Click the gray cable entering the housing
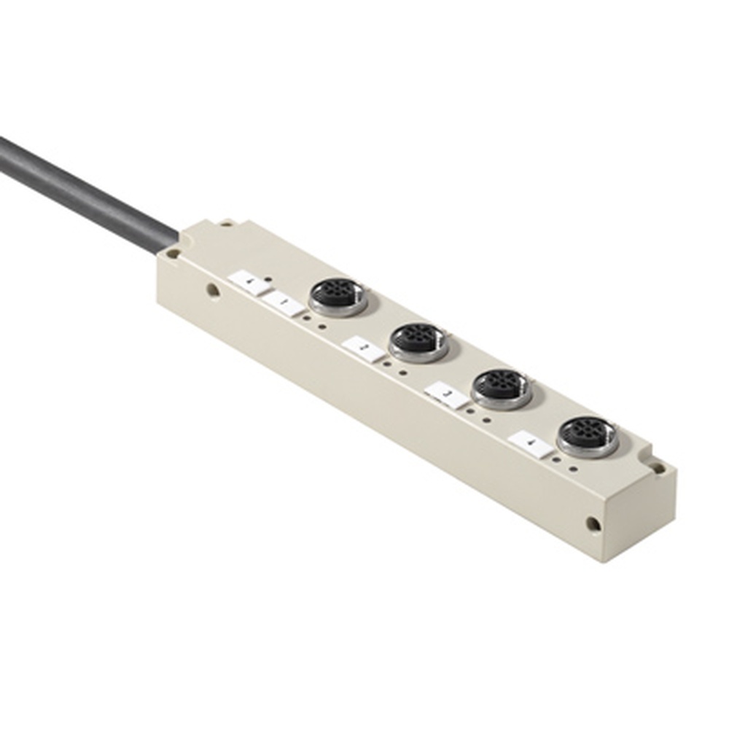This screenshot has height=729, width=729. [87, 193]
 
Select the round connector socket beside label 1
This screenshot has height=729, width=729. [338, 296]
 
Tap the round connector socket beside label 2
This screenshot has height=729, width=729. [418, 340]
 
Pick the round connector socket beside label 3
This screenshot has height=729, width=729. [501, 386]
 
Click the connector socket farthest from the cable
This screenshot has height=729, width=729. [588, 436]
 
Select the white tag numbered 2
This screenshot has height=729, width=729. [363, 349]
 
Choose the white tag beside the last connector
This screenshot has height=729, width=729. [531, 443]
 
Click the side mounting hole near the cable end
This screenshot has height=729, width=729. [212, 290]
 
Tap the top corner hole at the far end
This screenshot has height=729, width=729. [658, 467]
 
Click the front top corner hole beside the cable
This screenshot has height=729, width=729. [174, 254]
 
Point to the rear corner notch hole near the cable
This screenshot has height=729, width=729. [227, 222]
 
